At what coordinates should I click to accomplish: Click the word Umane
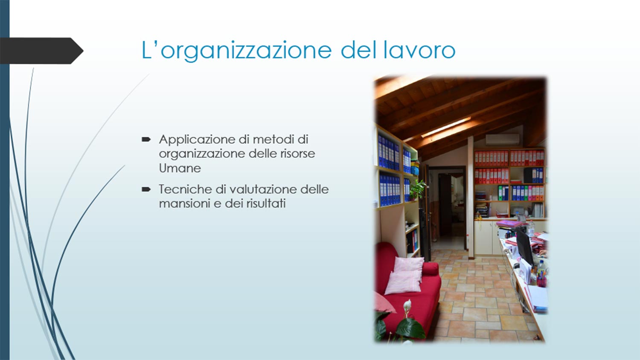point(180,168)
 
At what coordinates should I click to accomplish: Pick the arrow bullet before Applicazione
point(146,139)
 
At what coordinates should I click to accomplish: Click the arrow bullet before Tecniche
point(146,189)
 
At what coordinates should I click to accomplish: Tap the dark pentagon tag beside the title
point(41,51)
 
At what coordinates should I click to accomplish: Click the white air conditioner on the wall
point(503,139)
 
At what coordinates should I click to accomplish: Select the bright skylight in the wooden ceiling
point(446,128)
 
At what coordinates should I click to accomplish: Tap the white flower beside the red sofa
point(407,307)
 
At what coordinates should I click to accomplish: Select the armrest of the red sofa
point(430,269)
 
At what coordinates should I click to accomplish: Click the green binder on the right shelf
point(500,193)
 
